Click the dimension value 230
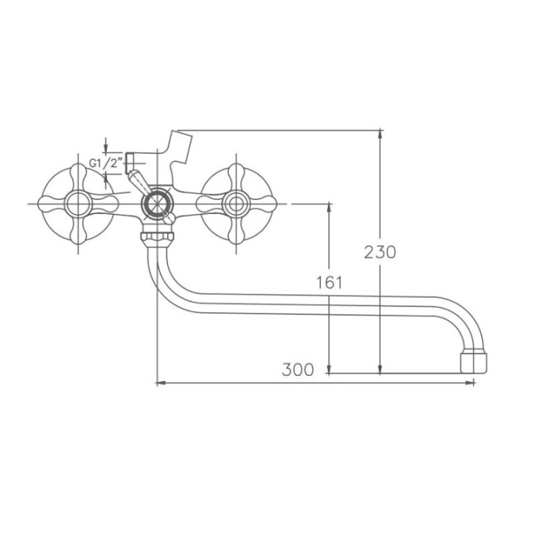coord(380,253)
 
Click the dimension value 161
coord(329,282)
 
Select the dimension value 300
coord(298,369)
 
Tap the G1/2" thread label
coord(106,163)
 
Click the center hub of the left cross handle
coord(79,204)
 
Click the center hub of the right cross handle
coord(236,204)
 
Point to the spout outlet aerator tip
coord(473,363)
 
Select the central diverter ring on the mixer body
coord(157,204)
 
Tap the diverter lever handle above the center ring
coord(138,182)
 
